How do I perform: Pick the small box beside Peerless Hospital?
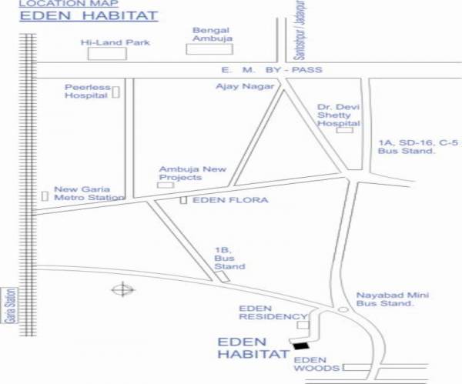point(116,93)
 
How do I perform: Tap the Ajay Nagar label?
point(246,86)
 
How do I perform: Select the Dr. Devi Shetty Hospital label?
point(339,115)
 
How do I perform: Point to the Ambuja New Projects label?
point(180,173)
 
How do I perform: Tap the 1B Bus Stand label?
point(229,259)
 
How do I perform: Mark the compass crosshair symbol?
point(122,290)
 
